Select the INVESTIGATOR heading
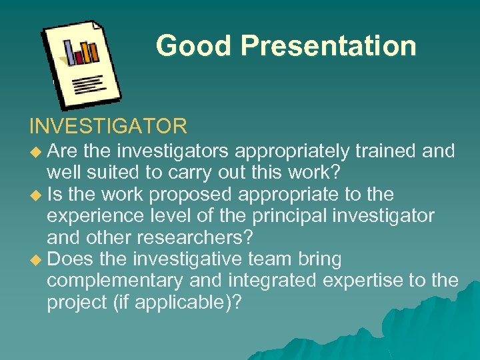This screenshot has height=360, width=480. (x=108, y=125)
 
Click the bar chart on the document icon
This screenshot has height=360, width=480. (x=81, y=51)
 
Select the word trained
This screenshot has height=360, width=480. (x=385, y=151)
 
